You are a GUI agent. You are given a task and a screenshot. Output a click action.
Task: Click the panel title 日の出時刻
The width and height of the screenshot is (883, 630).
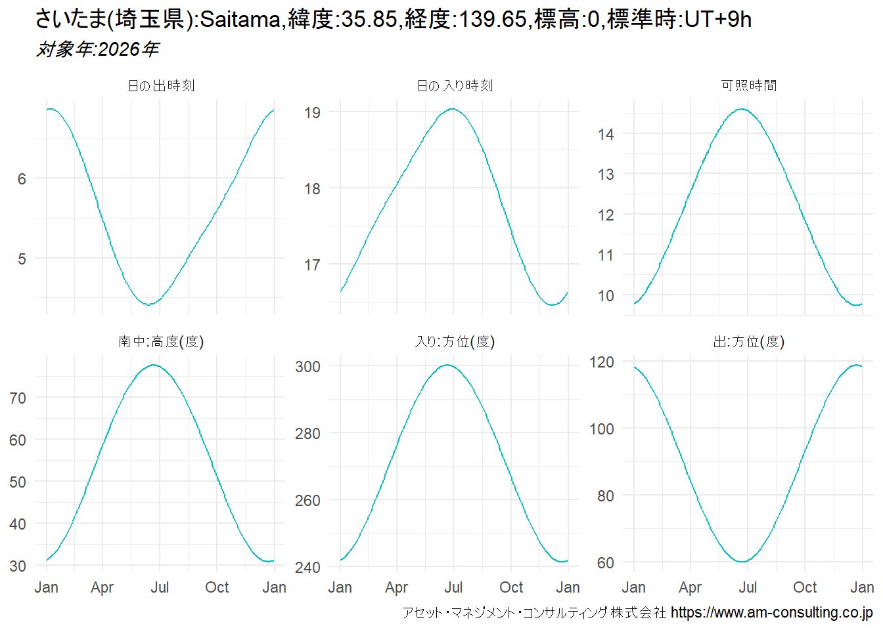(161, 86)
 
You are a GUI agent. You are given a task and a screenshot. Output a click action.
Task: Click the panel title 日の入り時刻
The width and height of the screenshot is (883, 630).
(455, 86)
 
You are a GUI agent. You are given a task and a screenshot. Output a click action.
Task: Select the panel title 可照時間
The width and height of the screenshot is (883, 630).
(748, 86)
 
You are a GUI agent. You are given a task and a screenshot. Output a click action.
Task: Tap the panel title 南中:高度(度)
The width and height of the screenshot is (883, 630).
(161, 342)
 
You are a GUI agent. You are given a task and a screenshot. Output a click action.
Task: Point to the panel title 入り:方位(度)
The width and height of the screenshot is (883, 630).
(455, 342)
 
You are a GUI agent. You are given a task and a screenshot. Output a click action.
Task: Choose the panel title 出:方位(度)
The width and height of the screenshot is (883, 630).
(748, 342)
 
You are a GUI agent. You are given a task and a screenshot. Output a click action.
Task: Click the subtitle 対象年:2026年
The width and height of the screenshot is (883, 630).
(97, 49)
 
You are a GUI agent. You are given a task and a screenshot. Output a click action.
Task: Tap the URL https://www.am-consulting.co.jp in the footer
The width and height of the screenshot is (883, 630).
(771, 613)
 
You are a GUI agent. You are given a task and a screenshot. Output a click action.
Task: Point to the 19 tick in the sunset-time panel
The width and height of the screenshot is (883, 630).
(312, 113)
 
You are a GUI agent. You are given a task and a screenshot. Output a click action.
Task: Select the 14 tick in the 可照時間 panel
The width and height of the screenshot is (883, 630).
(606, 135)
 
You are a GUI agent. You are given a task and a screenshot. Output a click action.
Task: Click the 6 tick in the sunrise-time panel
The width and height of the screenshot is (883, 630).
(22, 179)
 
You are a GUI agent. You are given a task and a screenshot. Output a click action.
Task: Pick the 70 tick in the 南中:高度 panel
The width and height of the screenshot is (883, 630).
(18, 398)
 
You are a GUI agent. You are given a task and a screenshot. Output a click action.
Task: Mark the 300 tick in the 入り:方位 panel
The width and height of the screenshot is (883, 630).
(307, 367)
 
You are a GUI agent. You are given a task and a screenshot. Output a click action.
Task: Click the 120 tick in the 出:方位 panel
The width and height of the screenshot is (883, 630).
(601, 362)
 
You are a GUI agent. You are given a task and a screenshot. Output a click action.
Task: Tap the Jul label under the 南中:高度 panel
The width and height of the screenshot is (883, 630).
(160, 587)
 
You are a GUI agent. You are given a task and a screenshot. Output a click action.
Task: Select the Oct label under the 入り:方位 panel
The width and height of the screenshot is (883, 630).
(511, 587)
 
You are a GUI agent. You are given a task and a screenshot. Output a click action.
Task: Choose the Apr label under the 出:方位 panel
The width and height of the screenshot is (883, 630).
(691, 587)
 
